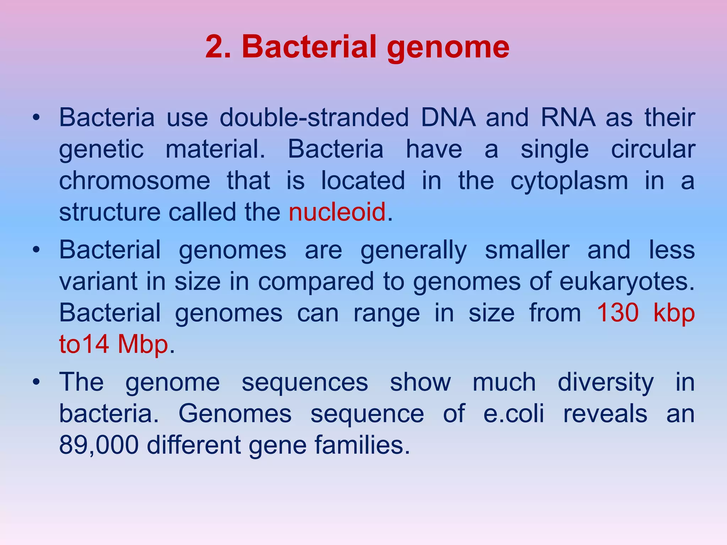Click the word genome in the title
[448, 48]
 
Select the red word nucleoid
[337, 212]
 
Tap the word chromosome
[135, 181]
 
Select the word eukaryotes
[627, 282]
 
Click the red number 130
[618, 313]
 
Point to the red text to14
[84, 344]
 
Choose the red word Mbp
[143, 345]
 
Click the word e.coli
[514, 414]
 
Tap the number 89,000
[99, 445]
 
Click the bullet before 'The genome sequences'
[35, 382]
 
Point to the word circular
[653, 149]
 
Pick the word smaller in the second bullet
[527, 250]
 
